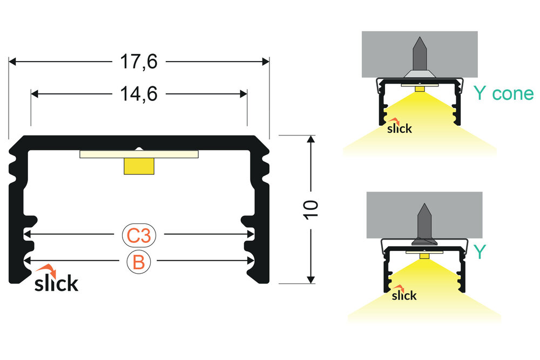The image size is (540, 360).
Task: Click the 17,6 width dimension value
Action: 139,62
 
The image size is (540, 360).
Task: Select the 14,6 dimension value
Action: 139,94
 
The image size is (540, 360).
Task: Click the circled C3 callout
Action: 139,235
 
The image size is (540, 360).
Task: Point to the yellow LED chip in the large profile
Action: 139,166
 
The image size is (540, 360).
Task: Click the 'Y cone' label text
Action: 503,94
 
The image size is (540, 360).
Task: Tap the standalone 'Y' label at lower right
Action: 480,251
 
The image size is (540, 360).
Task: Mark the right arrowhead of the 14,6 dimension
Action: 244,94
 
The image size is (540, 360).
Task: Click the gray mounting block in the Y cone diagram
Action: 378,54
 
